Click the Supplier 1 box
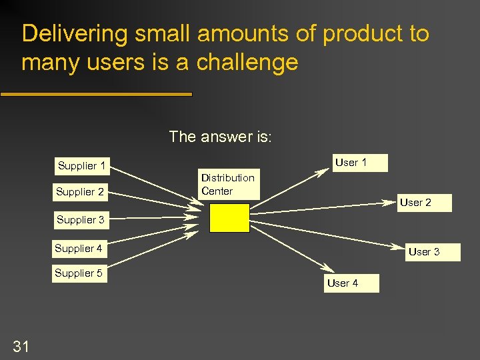(x=81, y=166)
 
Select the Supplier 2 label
(x=80, y=192)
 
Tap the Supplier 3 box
(x=81, y=220)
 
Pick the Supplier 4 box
(x=79, y=249)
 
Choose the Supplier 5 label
(x=79, y=273)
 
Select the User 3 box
(x=424, y=252)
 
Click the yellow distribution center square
(x=229, y=217)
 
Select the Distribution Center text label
(x=228, y=185)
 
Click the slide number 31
(x=21, y=345)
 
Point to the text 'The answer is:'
(x=220, y=137)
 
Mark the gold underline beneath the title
(x=96, y=95)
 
